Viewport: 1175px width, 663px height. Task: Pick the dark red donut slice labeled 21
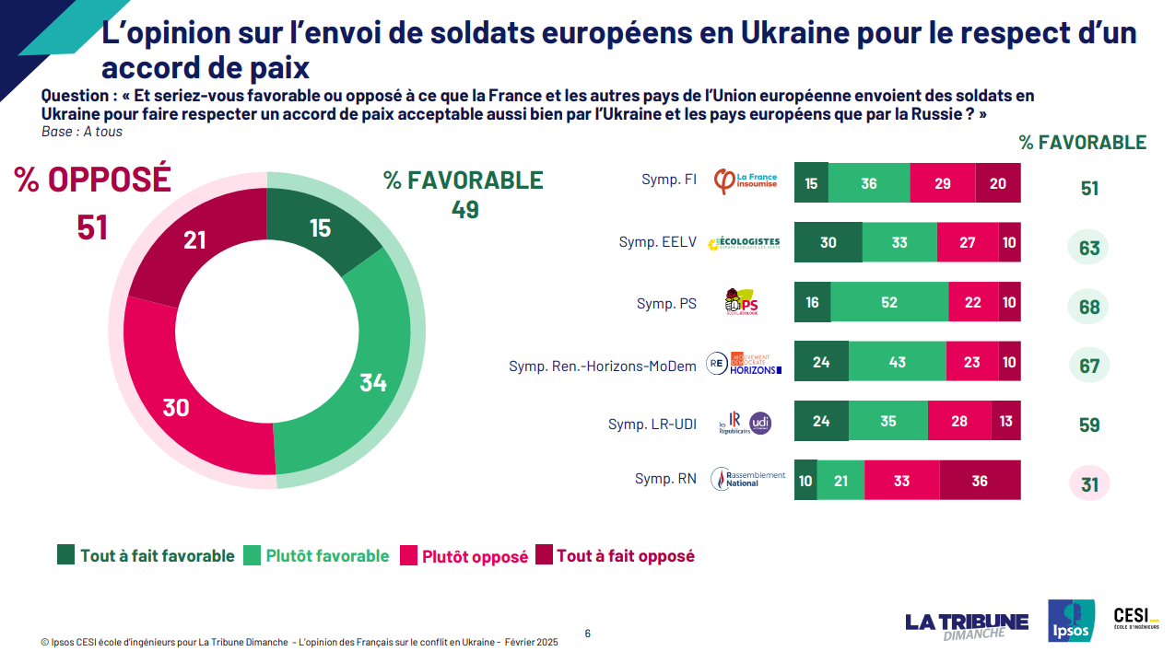(194, 239)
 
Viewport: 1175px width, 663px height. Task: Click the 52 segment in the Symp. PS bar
(889, 302)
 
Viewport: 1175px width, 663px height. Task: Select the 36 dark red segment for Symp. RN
(980, 480)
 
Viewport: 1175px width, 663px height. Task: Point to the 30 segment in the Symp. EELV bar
(828, 242)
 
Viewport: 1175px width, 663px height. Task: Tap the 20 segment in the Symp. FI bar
(997, 183)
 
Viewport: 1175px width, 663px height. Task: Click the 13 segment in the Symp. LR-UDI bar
(1005, 421)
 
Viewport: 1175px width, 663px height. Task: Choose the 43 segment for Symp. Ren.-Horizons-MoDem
(897, 362)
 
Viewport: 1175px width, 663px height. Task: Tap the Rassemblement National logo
(748, 479)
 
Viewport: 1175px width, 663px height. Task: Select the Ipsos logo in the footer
(1071, 620)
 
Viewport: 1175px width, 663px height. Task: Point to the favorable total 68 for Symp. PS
(1089, 307)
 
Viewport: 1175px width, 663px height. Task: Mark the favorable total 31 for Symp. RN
(1089, 484)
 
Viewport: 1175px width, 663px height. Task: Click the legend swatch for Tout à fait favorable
(66, 555)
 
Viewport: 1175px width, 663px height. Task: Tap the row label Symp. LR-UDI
(652, 425)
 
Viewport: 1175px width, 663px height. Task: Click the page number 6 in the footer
(588, 633)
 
